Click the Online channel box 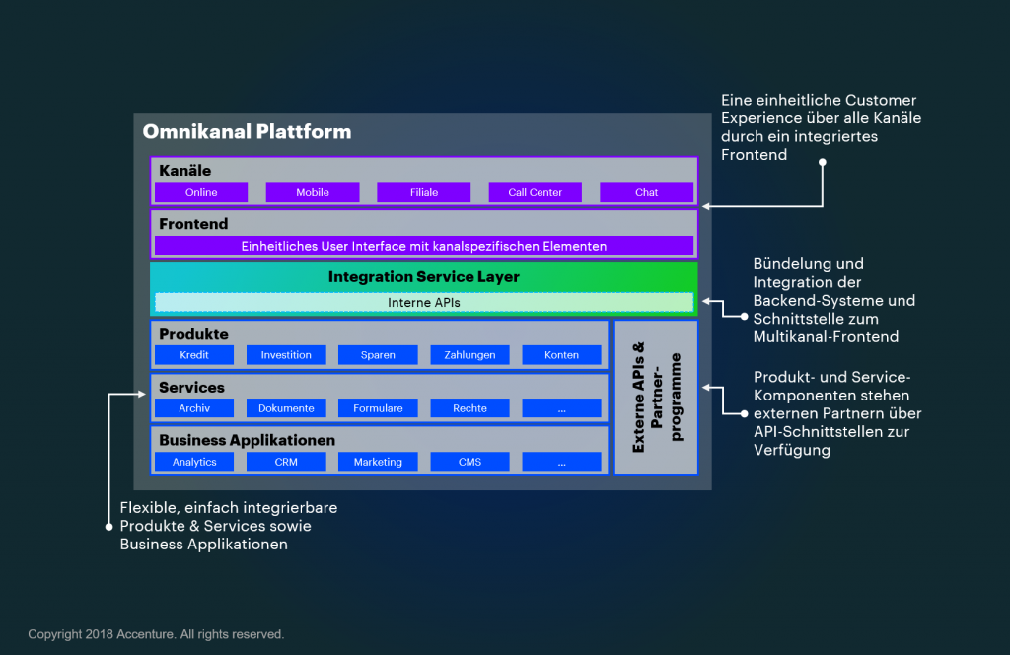(x=201, y=192)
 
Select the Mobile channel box (x=313, y=192)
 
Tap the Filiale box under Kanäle (x=424, y=192)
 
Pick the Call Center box (x=536, y=192)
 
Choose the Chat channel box (x=646, y=192)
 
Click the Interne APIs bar (x=424, y=302)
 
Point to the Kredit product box (x=194, y=355)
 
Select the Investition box (x=286, y=355)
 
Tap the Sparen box (x=378, y=355)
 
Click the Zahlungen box (x=469, y=355)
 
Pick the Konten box (x=561, y=355)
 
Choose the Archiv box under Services (x=194, y=408)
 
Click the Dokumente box (x=286, y=408)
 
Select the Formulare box (x=378, y=408)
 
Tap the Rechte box (x=469, y=408)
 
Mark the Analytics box (x=194, y=462)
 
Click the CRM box (x=286, y=462)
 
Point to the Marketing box (x=378, y=462)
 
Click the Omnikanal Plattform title (x=247, y=131)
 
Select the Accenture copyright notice (x=156, y=634)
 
